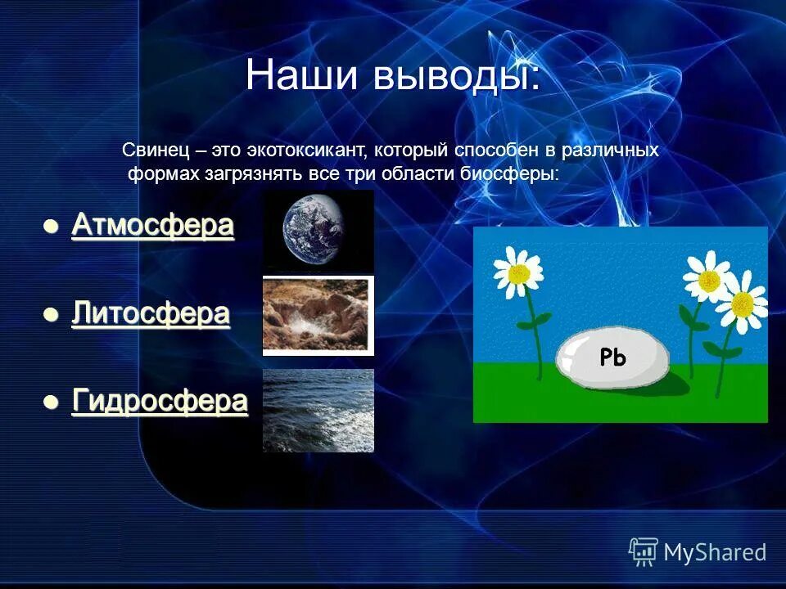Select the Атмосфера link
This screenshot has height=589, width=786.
(x=152, y=226)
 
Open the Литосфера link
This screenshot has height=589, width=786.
(x=150, y=314)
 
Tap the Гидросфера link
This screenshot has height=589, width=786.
(x=160, y=402)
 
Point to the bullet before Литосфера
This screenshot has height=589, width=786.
(x=51, y=315)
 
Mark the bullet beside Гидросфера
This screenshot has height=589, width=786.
(x=51, y=402)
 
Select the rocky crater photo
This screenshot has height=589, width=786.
(x=318, y=316)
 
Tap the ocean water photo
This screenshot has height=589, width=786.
(x=318, y=410)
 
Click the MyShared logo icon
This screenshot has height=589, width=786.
(x=644, y=551)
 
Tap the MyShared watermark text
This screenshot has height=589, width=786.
(x=715, y=552)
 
